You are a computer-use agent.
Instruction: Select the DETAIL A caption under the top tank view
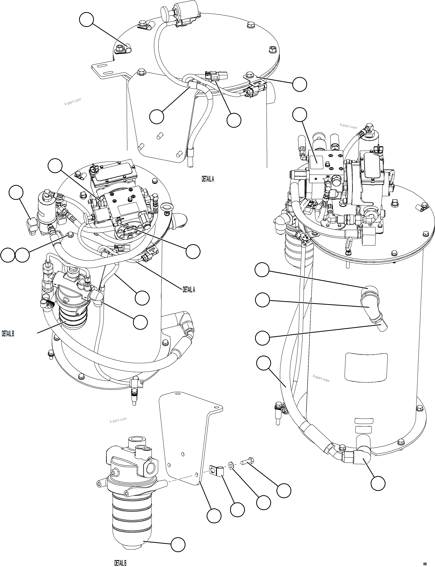click(x=208, y=179)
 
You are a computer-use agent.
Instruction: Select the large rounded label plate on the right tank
click(x=366, y=367)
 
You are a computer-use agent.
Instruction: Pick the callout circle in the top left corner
click(x=86, y=20)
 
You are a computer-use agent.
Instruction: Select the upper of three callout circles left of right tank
click(x=262, y=270)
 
